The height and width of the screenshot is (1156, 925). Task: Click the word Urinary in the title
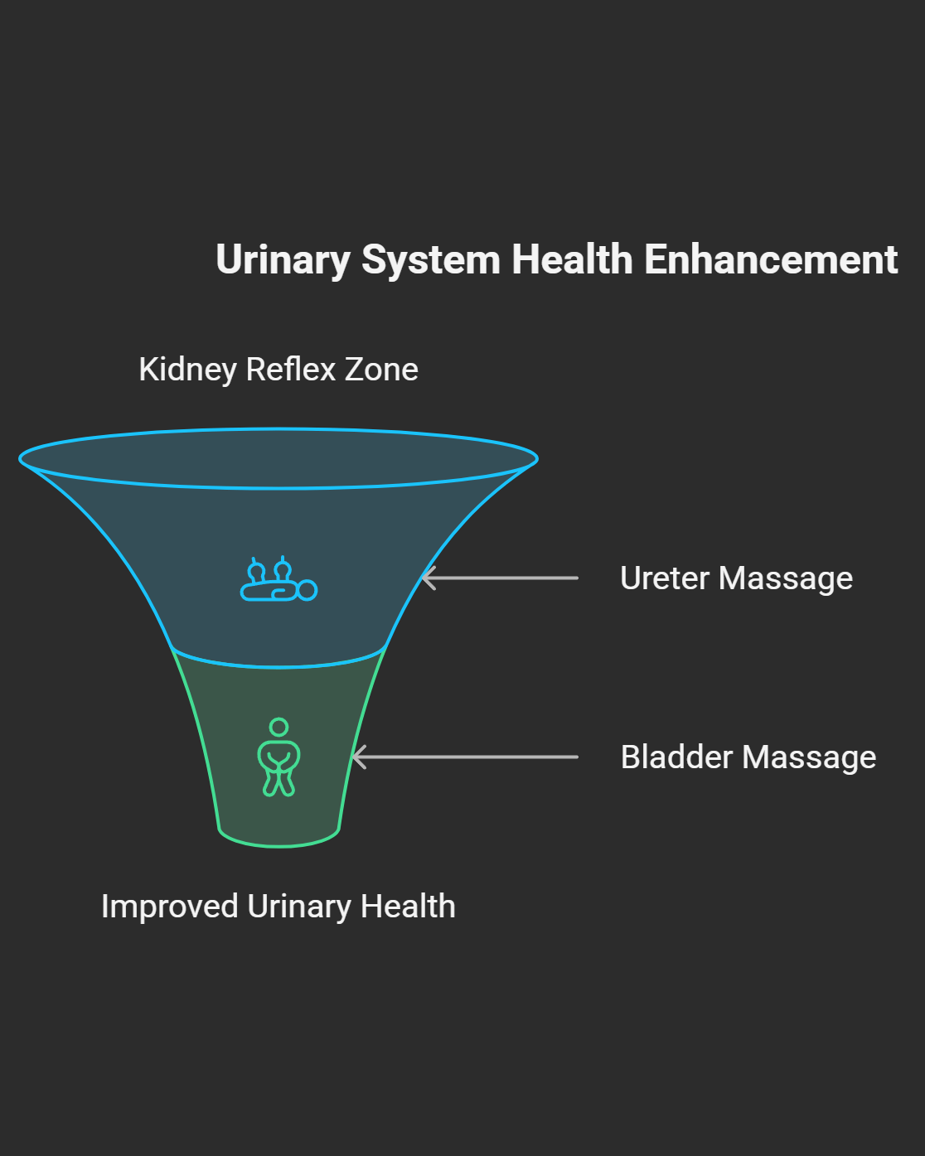coord(283,260)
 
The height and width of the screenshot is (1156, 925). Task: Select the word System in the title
coord(431,260)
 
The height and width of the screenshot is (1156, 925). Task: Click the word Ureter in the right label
coord(665,578)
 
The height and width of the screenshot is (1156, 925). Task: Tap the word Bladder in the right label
coord(677,757)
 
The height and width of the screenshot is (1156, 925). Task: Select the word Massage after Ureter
coord(786,578)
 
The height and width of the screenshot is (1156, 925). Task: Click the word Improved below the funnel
coord(170,907)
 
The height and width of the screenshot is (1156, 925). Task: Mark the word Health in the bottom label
coord(409,907)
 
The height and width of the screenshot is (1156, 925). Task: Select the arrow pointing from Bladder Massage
coord(465,757)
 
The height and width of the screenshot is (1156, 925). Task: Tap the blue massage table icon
coord(278,580)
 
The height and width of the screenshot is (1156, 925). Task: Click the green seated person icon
coord(279,757)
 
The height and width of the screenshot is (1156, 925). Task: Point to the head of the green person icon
coord(279,727)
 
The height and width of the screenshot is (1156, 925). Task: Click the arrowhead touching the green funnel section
coord(356,757)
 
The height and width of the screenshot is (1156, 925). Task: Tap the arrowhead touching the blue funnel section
coord(426,578)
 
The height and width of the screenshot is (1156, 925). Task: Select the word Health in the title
coord(573,259)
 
